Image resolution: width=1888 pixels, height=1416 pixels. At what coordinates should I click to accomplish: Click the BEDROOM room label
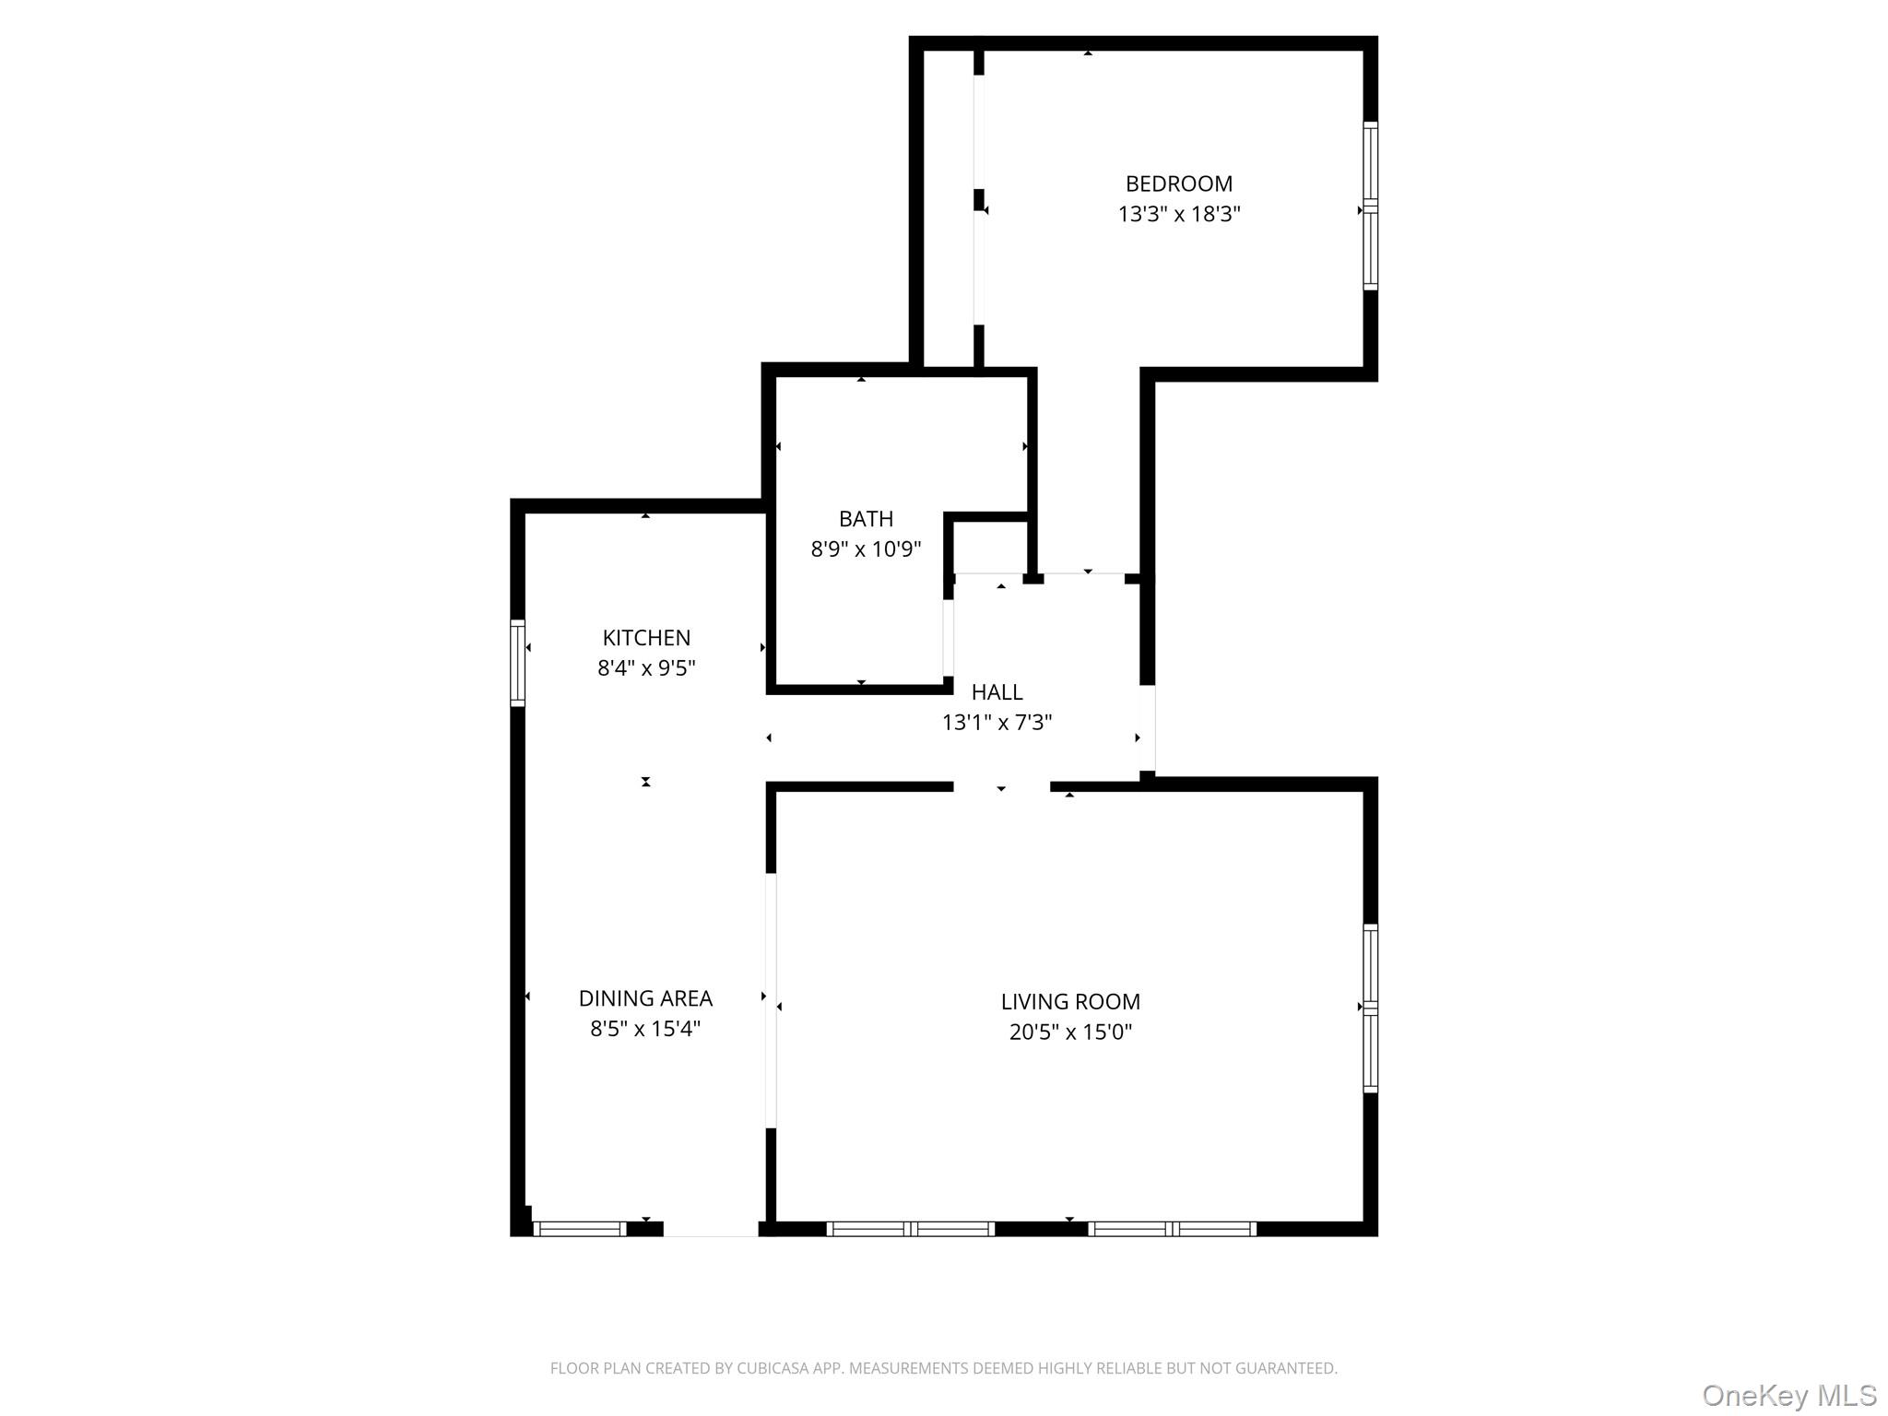(1178, 183)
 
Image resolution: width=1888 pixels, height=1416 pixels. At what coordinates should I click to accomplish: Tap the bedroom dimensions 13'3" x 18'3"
(1178, 214)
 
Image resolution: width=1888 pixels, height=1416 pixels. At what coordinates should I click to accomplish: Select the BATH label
(865, 518)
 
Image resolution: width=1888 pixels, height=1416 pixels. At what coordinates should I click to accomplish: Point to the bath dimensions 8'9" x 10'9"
(865, 549)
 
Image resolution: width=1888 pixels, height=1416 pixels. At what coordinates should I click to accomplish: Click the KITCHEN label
(645, 637)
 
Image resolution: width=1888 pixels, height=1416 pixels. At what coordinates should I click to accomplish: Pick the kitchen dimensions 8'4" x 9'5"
(645, 667)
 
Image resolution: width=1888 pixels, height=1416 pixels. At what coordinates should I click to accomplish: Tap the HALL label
(997, 691)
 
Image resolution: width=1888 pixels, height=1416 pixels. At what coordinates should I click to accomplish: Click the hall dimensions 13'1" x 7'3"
(997, 722)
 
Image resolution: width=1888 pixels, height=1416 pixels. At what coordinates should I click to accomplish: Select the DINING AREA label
(645, 997)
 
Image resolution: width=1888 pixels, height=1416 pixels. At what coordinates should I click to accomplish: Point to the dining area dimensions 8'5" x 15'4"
(645, 1028)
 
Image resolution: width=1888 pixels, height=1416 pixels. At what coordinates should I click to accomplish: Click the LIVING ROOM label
(1069, 1001)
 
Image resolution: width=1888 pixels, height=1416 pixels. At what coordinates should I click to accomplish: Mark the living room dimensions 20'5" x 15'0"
(1069, 1032)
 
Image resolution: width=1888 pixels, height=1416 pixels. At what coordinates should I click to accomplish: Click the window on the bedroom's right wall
(1370, 206)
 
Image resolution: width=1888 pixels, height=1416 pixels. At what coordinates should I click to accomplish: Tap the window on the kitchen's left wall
(518, 663)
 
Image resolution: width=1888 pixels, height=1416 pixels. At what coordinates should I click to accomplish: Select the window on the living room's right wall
(1370, 1008)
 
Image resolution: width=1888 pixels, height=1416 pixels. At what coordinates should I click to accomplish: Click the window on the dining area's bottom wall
(580, 1228)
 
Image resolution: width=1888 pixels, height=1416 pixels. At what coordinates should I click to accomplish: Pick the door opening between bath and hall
(948, 638)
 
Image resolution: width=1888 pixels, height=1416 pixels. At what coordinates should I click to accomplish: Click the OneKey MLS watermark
(1788, 1395)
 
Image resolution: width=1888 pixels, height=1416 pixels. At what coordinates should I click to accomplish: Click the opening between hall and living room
(1001, 786)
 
